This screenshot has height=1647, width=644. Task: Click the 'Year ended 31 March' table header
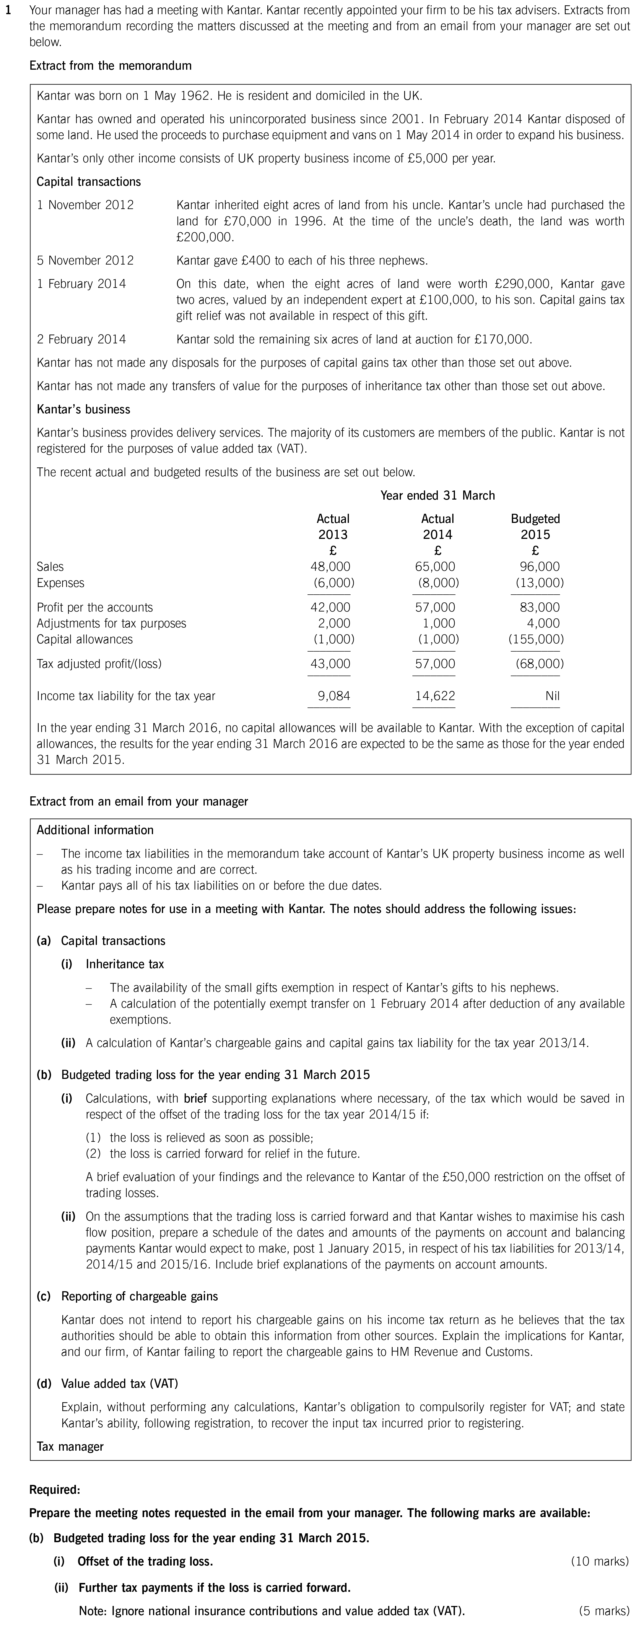click(x=438, y=495)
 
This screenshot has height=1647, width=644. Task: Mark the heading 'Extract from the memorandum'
click(x=110, y=66)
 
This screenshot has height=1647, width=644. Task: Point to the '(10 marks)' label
click(x=599, y=1561)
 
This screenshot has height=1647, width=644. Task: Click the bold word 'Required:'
click(x=55, y=1490)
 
